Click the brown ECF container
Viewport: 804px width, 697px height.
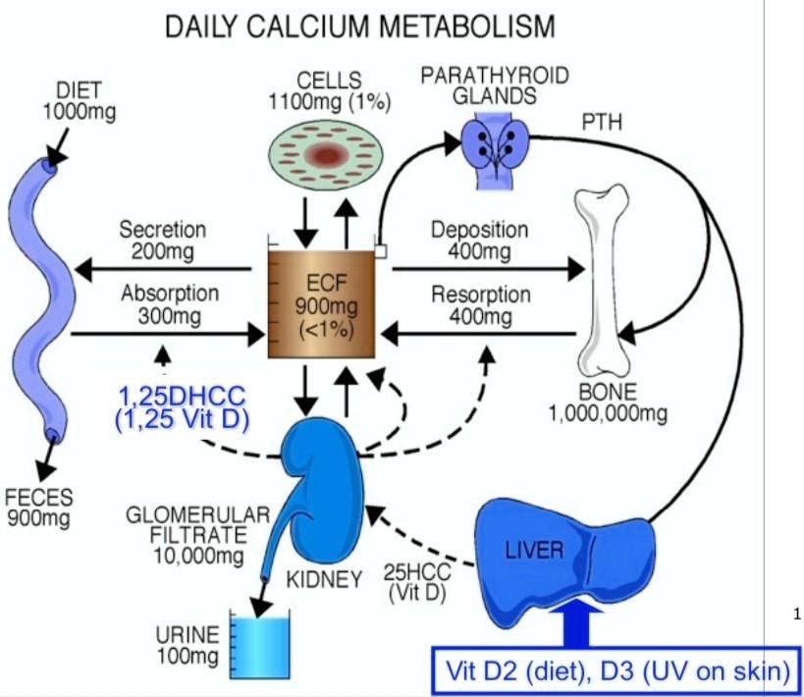tap(321, 305)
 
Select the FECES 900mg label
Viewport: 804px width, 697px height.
tap(39, 507)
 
